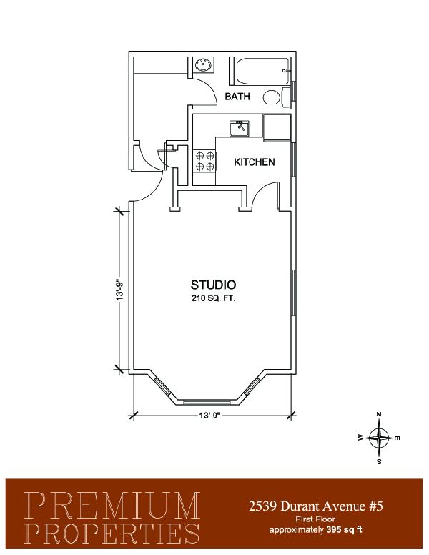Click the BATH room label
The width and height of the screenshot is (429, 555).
(237, 97)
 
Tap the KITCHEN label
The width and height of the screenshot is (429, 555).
(254, 162)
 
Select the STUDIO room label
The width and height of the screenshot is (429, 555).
(214, 285)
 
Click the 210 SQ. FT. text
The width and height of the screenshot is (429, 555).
(214, 298)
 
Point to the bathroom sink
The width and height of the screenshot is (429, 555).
(204, 65)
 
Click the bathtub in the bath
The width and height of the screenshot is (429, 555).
(262, 71)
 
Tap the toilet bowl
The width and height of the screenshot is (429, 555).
(272, 97)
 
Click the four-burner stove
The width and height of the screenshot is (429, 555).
(204, 161)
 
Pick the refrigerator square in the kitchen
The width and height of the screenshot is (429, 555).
(277, 127)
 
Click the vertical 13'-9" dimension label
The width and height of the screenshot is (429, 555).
(120, 290)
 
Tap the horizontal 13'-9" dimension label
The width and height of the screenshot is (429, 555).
(210, 416)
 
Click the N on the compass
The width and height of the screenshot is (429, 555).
(379, 414)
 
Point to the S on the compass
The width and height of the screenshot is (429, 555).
(379, 461)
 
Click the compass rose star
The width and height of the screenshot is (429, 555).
(379, 438)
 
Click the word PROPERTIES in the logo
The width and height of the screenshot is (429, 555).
(112, 533)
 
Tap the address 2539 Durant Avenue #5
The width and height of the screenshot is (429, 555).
(315, 506)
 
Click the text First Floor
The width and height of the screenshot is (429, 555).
(315, 520)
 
